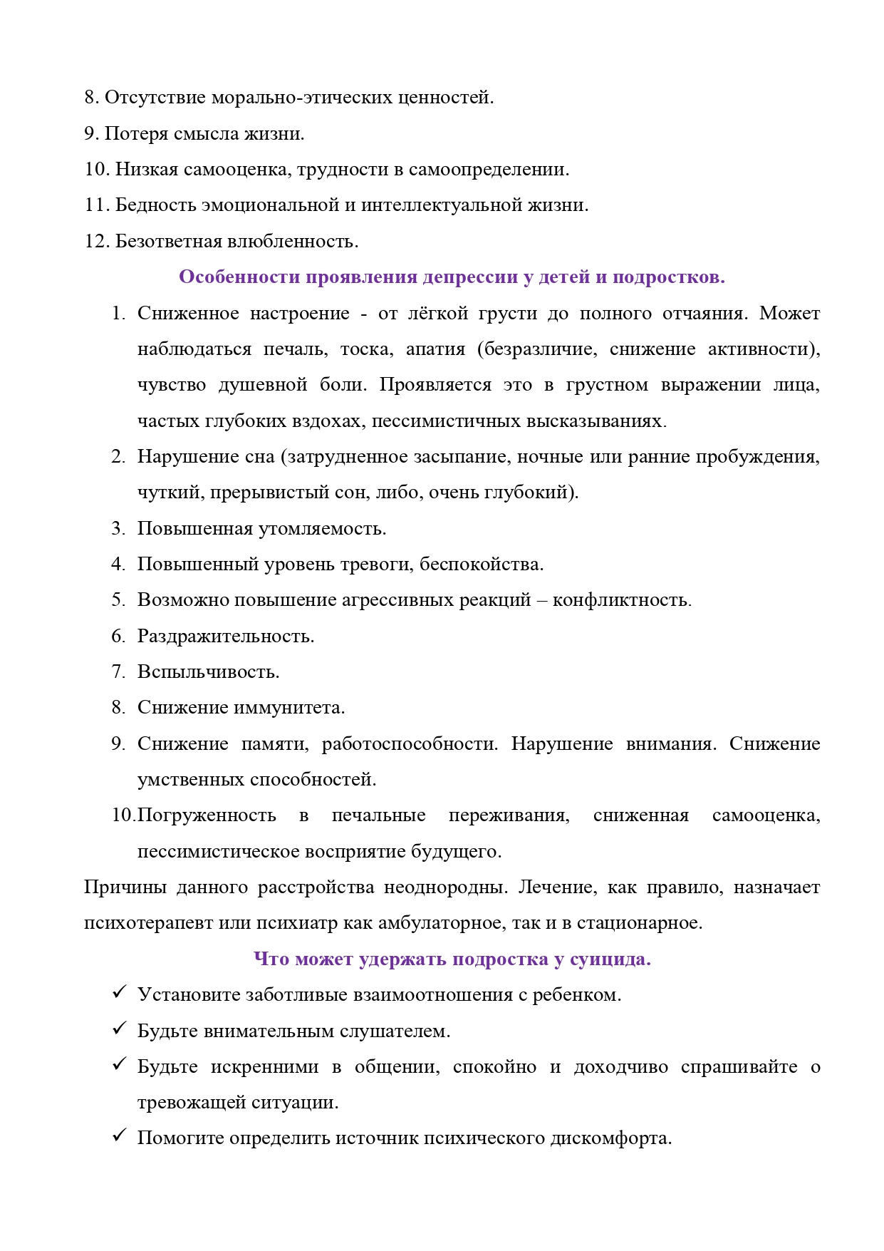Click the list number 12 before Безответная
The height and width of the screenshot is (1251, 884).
click(96, 242)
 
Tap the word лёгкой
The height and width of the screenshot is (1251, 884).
click(437, 314)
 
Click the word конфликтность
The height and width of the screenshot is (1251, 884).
click(621, 600)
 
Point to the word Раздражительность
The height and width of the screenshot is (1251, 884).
click(225, 636)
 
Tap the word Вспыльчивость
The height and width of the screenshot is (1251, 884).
click(208, 672)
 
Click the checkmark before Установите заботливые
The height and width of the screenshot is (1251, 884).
click(119, 993)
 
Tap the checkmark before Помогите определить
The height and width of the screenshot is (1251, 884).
click(119, 1136)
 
